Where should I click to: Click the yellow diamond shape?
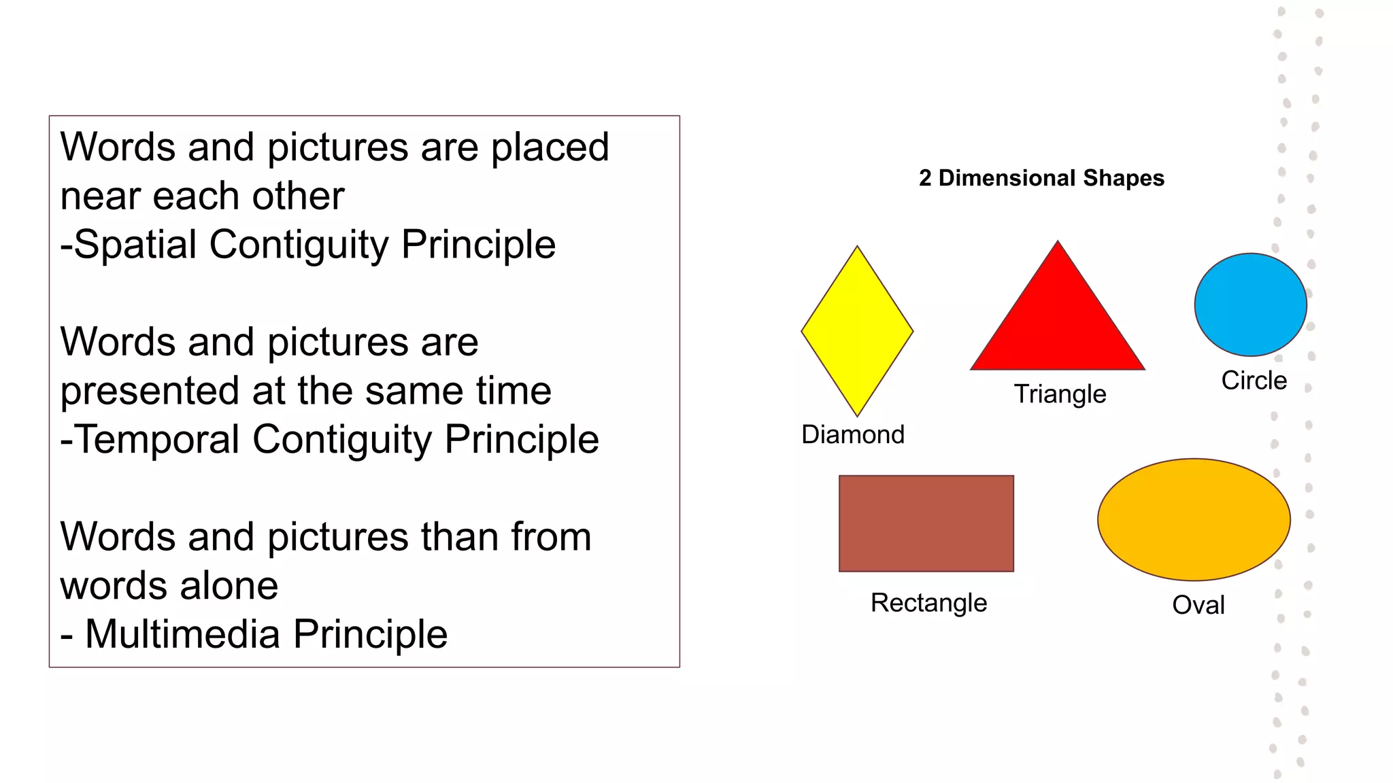pos(857,331)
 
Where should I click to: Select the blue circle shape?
pos(1250,304)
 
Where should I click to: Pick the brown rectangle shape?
pos(926,523)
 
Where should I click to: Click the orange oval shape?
pos(1194,519)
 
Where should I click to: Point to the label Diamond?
pos(853,434)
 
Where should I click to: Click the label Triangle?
pos(1060,394)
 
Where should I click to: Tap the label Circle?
pos(1254,380)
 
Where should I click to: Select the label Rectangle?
pos(928,603)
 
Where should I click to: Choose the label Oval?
pos(1198,605)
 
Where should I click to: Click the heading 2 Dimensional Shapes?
pos(1041,178)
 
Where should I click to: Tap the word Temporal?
pos(157,439)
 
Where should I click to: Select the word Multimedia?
pos(182,634)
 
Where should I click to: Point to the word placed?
pos(550,147)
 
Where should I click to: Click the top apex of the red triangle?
pos(1058,243)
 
